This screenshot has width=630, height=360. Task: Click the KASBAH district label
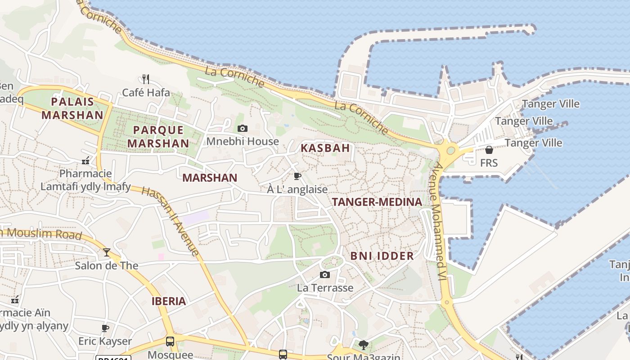[325, 148]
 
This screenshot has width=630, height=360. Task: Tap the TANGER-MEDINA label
[377, 202]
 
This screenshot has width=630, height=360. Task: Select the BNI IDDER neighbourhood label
[382, 256]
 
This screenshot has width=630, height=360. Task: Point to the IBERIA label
[169, 301]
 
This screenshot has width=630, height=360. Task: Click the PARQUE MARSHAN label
[158, 137]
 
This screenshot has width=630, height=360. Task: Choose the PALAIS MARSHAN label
[72, 108]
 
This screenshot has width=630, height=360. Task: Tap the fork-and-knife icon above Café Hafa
[145, 79]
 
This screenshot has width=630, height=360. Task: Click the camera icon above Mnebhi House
[243, 129]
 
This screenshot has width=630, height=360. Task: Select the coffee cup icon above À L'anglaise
[297, 176]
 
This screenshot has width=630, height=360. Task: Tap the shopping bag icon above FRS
[489, 150]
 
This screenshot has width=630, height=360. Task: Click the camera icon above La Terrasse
[325, 274]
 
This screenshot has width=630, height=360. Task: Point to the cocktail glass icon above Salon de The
[106, 252]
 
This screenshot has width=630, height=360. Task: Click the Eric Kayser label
[105, 341]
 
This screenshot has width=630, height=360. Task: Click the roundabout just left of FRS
[450, 150]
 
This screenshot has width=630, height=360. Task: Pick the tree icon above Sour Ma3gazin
[363, 345]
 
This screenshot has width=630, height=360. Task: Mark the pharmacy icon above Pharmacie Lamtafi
[85, 161]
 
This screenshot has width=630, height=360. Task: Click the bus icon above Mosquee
[170, 342]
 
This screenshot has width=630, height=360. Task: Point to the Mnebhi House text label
[243, 141]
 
